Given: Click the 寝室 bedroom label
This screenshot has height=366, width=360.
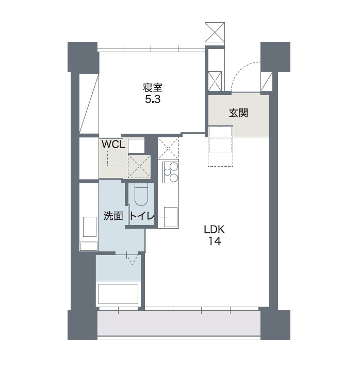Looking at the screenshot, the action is coord(153,88).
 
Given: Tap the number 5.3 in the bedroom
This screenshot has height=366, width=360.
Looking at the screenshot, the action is coord(153,100).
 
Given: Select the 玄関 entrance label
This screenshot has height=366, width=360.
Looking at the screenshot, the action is coord(238,113).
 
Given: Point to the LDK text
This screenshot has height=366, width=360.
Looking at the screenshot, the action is coord(214,230).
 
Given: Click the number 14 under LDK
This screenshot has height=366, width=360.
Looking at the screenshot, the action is coord(215,241).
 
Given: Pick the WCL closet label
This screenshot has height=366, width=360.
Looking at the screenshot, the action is coord(113,145).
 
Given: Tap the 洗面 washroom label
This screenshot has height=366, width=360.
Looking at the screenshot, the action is coord(113,216).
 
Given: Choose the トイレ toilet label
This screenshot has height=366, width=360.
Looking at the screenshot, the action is coord(142,216).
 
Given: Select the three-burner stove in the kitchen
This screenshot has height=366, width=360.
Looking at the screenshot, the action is coord(171,172).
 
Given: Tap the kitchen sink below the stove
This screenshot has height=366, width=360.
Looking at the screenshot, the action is coord(171,217).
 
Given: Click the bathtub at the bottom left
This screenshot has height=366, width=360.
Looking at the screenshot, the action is coord(118,294).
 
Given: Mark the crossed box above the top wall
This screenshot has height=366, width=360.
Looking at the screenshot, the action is coord(215,32).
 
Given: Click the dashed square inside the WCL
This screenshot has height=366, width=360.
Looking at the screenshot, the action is coord(114,158).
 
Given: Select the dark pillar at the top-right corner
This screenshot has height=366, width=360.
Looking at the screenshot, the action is coord(275,57).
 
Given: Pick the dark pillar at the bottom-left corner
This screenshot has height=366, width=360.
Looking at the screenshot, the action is coord(83,325).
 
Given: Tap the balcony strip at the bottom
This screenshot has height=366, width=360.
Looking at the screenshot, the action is coord(178,323).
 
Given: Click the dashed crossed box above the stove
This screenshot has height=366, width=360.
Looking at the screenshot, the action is coord(168,148).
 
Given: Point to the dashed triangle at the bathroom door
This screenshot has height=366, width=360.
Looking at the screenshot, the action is coord(132,260).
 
